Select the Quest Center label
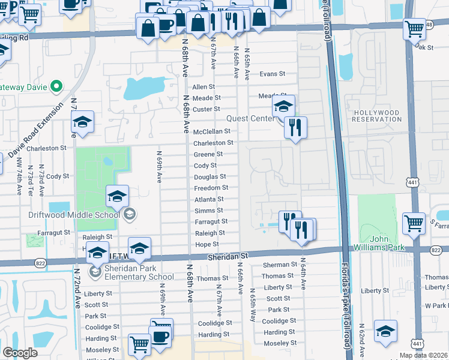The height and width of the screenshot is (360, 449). pos(250,119)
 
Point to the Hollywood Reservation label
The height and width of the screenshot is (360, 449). pos(385,116)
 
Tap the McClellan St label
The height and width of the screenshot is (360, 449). pos(212,131)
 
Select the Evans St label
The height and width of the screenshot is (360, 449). pos(272,74)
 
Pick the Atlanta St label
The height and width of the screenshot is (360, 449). pos(208,199)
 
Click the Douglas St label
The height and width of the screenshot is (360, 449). pos(209,177)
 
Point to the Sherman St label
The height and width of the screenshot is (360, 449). pos(280,265)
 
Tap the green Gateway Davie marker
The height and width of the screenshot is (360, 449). pos(56,86)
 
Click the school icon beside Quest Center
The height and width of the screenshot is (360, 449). pos(283,107)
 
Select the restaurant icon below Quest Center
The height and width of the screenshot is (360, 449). pos(295,127)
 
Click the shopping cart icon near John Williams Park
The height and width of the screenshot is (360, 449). pos(414,223)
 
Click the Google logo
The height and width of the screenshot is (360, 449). pos(20,353)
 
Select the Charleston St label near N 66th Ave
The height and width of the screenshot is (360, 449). pos(213,143)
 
